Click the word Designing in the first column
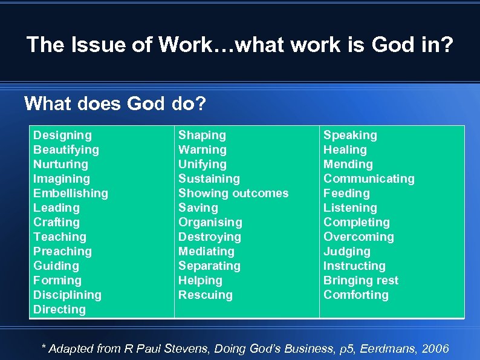pyautogui.click(x=62, y=136)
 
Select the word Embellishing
pyautogui.click(x=70, y=194)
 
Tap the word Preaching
pyautogui.click(x=62, y=252)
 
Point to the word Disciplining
pyautogui.click(x=67, y=295)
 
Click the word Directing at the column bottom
pyautogui.click(x=59, y=310)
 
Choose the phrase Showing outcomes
pyautogui.click(x=233, y=194)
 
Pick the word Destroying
pyautogui.click(x=209, y=237)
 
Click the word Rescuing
pyautogui.click(x=205, y=295)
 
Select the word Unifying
pyautogui.click(x=202, y=165)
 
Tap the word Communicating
pyautogui.click(x=369, y=179)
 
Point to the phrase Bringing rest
pyautogui.click(x=361, y=281)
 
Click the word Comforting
pyautogui.click(x=355, y=295)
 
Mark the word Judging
pyautogui.click(x=346, y=252)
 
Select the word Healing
pyautogui.click(x=345, y=150)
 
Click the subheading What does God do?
pyautogui.click(x=115, y=103)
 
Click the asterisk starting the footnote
pyautogui.click(x=43, y=347)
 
